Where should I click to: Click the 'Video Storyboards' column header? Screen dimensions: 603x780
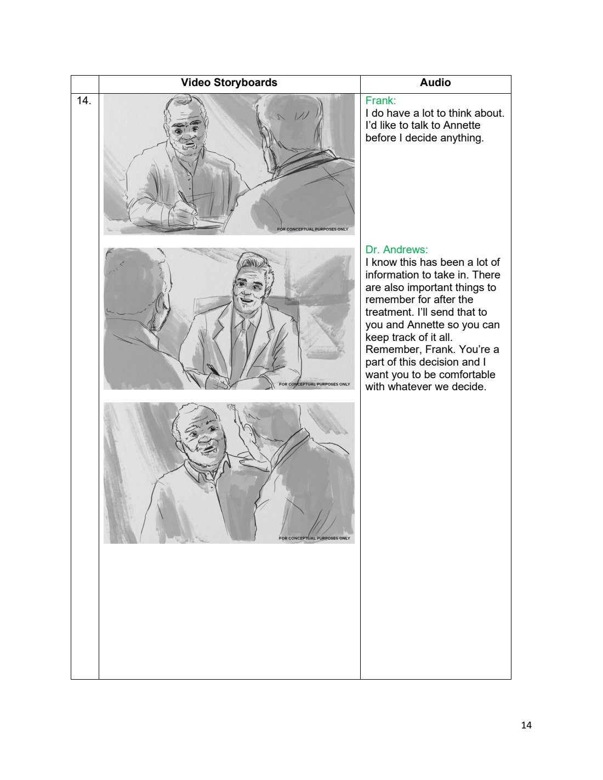coord(229,83)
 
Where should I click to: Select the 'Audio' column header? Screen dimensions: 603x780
coord(435,83)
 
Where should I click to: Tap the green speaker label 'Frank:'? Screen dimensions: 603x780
coord(380,100)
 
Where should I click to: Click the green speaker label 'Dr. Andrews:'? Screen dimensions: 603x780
coord(397,249)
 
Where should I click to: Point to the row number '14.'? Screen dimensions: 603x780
coord(84,100)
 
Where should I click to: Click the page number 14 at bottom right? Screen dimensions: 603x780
coord(526,725)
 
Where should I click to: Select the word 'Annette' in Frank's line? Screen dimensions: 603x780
coord(462,126)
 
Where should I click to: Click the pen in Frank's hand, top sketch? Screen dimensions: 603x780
coord(186,202)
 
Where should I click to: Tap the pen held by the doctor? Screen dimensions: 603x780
coord(213,370)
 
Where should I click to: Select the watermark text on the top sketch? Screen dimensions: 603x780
coord(312,229)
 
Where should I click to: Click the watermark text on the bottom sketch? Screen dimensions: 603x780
coord(315,538)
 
